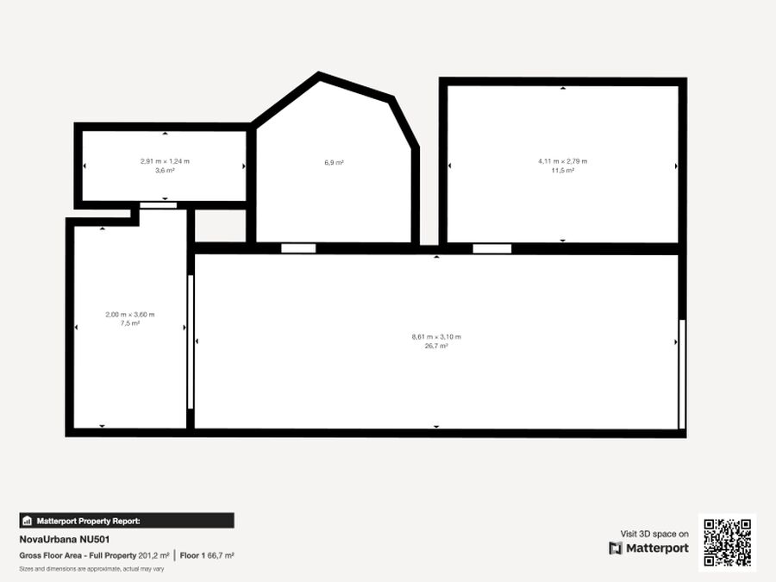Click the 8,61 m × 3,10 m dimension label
pyautogui.click(x=436, y=337)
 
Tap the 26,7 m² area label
pyautogui.click(x=436, y=346)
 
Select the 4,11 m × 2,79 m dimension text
pyautogui.click(x=563, y=161)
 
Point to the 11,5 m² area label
pyautogui.click(x=563, y=170)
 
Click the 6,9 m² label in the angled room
pyautogui.click(x=334, y=162)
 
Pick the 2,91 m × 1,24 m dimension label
pyautogui.click(x=165, y=161)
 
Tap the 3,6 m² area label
pyautogui.click(x=165, y=170)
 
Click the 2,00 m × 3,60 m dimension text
pyautogui.click(x=129, y=315)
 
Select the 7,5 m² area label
pyautogui.click(x=129, y=323)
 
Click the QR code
pyautogui.click(x=727, y=542)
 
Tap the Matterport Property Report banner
pyautogui.click(x=127, y=521)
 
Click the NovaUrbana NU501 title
pyautogui.click(x=65, y=540)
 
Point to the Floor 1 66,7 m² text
pyautogui.click(x=207, y=556)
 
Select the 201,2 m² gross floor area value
pyautogui.click(x=153, y=556)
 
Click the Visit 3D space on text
pyautogui.click(x=654, y=534)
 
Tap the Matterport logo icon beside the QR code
pyautogui.click(x=616, y=548)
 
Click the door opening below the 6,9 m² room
pyautogui.click(x=298, y=248)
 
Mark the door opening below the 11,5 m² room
pyautogui.click(x=492, y=248)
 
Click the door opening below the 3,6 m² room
pyautogui.click(x=158, y=205)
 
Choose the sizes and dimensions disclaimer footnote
pyautogui.click(x=91, y=569)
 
